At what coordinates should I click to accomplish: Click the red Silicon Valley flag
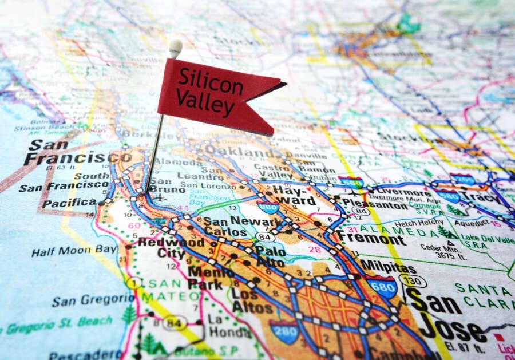pos(212,94)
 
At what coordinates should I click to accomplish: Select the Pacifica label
pos(69,203)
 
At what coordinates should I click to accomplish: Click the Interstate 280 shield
pos(284,331)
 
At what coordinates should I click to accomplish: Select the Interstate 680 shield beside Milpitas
pos(382,286)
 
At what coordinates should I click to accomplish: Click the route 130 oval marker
pos(413,281)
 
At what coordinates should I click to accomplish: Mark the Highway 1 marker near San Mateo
pos(134,283)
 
